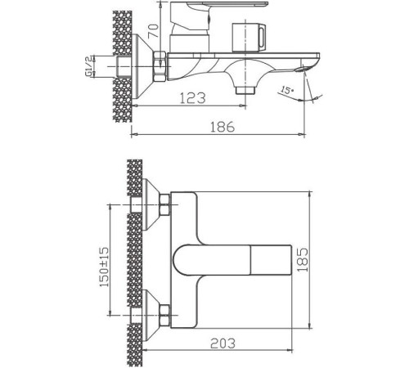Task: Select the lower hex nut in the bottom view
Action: pos(164,311)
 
